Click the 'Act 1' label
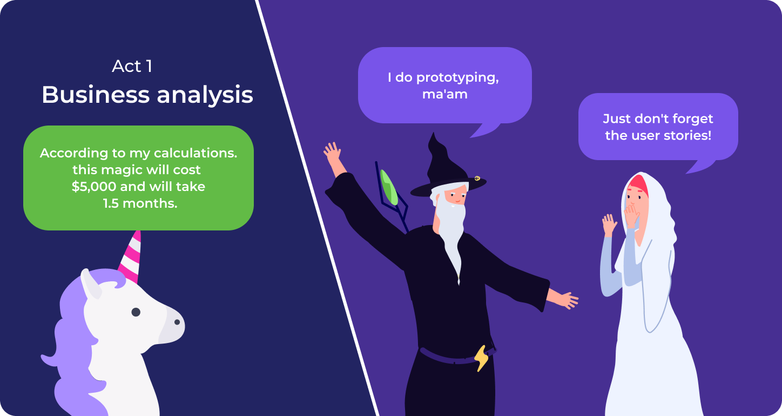pyautogui.click(x=132, y=66)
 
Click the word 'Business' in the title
pyautogui.click(x=96, y=94)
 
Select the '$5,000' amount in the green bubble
pyautogui.click(x=94, y=187)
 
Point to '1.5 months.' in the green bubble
pyautogui.click(x=140, y=203)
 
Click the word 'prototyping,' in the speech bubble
pyautogui.click(x=457, y=77)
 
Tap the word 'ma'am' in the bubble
pyautogui.click(x=445, y=94)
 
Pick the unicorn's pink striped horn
pyautogui.click(x=131, y=257)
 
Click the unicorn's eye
pyautogui.click(x=136, y=312)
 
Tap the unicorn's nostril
pyautogui.click(x=177, y=322)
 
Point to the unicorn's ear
pyautogui.click(x=90, y=283)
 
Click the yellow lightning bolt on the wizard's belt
pyautogui.click(x=482, y=358)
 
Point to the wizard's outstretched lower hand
pyautogui.click(x=565, y=299)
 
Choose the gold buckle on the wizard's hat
pyautogui.click(x=477, y=179)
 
